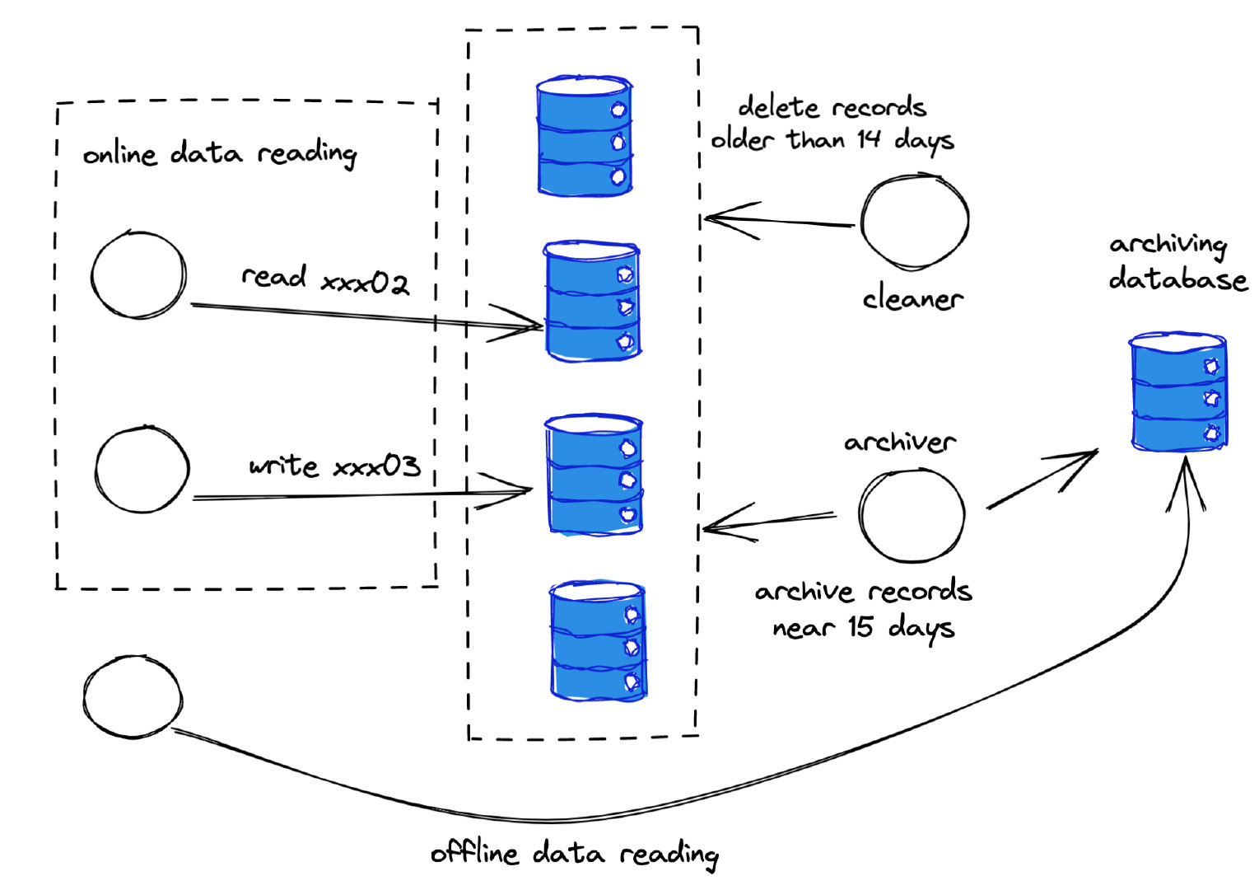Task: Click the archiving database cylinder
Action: pyautogui.click(x=1178, y=391)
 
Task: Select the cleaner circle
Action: pyautogui.click(x=914, y=221)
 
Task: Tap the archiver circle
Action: pyautogui.click(x=911, y=515)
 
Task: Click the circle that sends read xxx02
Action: pyautogui.click(x=139, y=275)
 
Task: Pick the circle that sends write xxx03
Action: pyautogui.click(x=142, y=469)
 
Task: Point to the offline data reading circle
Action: pyautogui.click(x=133, y=697)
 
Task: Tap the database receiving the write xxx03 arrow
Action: pyautogui.click(x=594, y=476)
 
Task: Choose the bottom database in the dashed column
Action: pyautogui.click(x=598, y=641)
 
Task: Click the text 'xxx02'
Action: pyautogui.click(x=365, y=283)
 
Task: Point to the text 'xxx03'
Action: pyautogui.click(x=376, y=466)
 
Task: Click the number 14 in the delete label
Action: pyautogui.click(x=868, y=138)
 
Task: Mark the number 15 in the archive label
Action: pyautogui.click(x=860, y=627)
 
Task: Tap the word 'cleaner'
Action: pyautogui.click(x=912, y=298)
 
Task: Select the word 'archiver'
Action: pyautogui.click(x=900, y=443)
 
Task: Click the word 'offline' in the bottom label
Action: pyautogui.click(x=474, y=852)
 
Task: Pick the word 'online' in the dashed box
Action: pyautogui.click(x=119, y=154)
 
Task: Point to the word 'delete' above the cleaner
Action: pyautogui.click(x=778, y=107)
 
